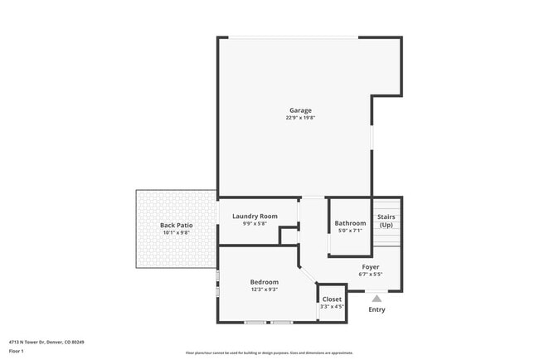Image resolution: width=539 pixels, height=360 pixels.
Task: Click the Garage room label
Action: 300,110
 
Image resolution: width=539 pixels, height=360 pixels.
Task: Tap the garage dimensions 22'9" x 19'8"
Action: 300,118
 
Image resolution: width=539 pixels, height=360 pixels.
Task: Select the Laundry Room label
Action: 255,216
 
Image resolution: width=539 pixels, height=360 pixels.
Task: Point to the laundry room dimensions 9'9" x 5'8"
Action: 255,224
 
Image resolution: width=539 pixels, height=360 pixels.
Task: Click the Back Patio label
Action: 176,225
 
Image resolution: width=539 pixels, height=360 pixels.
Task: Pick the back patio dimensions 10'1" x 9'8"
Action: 176,232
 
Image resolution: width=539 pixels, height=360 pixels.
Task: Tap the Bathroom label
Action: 350,223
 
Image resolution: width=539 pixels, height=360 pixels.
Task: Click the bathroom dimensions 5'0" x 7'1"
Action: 350,231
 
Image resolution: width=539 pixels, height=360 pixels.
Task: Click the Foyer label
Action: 371,266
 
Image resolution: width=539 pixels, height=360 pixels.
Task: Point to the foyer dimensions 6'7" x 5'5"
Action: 371,274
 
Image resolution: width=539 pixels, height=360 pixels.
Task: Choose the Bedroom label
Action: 265,282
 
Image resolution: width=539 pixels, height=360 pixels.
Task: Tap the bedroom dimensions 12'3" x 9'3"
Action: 265,289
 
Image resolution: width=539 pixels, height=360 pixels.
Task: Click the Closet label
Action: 332,299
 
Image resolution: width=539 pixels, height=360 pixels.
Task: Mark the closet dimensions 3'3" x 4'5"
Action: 332,306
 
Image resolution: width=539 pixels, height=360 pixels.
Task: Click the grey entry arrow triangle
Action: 376,298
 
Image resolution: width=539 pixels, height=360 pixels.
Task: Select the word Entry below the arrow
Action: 376,310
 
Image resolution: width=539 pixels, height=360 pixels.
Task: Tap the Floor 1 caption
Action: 17,351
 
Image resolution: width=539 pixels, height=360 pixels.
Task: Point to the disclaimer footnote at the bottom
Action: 269,352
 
